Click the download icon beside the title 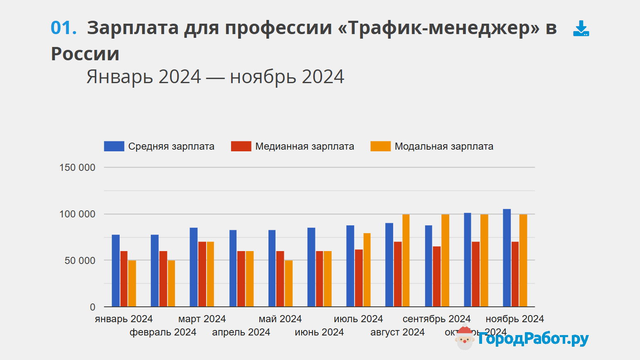(581, 29)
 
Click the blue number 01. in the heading (64, 28)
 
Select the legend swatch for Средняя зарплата (114, 146)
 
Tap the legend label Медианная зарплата (305, 146)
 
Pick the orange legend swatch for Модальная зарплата (380, 146)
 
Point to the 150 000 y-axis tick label (77, 168)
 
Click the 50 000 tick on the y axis (80, 261)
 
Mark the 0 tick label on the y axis (93, 307)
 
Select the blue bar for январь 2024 (116, 271)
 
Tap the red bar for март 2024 (202, 274)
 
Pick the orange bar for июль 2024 (367, 270)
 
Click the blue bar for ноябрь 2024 (507, 258)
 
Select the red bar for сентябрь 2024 (437, 276)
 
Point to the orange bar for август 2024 (406, 261)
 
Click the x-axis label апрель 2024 (241, 332)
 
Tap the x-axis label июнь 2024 (319, 332)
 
